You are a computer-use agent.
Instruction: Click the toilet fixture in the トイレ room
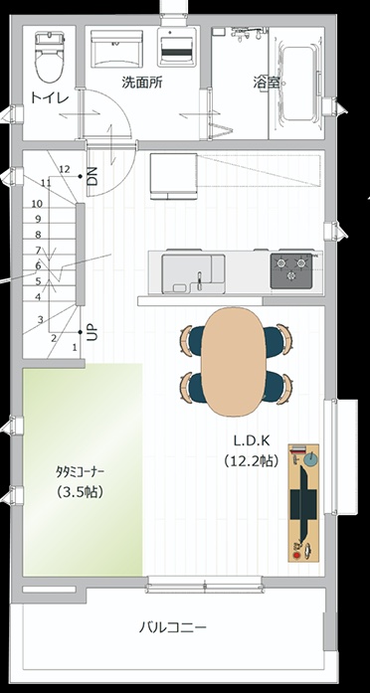[x=50, y=56]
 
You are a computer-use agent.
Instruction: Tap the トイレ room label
[x=50, y=97]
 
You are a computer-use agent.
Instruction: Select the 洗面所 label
[x=142, y=83]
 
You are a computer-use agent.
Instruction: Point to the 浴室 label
[x=267, y=83]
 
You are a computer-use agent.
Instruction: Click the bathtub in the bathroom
[x=296, y=83]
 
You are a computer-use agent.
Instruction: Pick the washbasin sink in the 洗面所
[x=116, y=49]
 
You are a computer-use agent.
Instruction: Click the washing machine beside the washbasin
[x=176, y=47]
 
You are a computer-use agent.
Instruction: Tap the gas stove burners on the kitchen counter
[x=291, y=270]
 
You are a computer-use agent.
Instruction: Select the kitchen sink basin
[x=193, y=273]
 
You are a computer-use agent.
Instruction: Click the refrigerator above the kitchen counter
[x=173, y=176]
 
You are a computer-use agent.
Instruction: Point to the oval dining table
[x=233, y=362]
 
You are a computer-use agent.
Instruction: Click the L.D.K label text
[x=252, y=440]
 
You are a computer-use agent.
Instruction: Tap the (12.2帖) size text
[x=252, y=461]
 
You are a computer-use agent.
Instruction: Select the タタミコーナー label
[x=80, y=472]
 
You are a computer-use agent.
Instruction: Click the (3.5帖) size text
[x=80, y=492]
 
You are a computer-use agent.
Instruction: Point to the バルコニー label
[x=173, y=627]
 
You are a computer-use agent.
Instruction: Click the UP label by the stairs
[x=92, y=332]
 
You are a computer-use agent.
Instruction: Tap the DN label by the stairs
[x=92, y=176]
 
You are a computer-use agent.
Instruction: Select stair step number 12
[x=64, y=169]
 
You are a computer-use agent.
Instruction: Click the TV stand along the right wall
[x=303, y=502]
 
